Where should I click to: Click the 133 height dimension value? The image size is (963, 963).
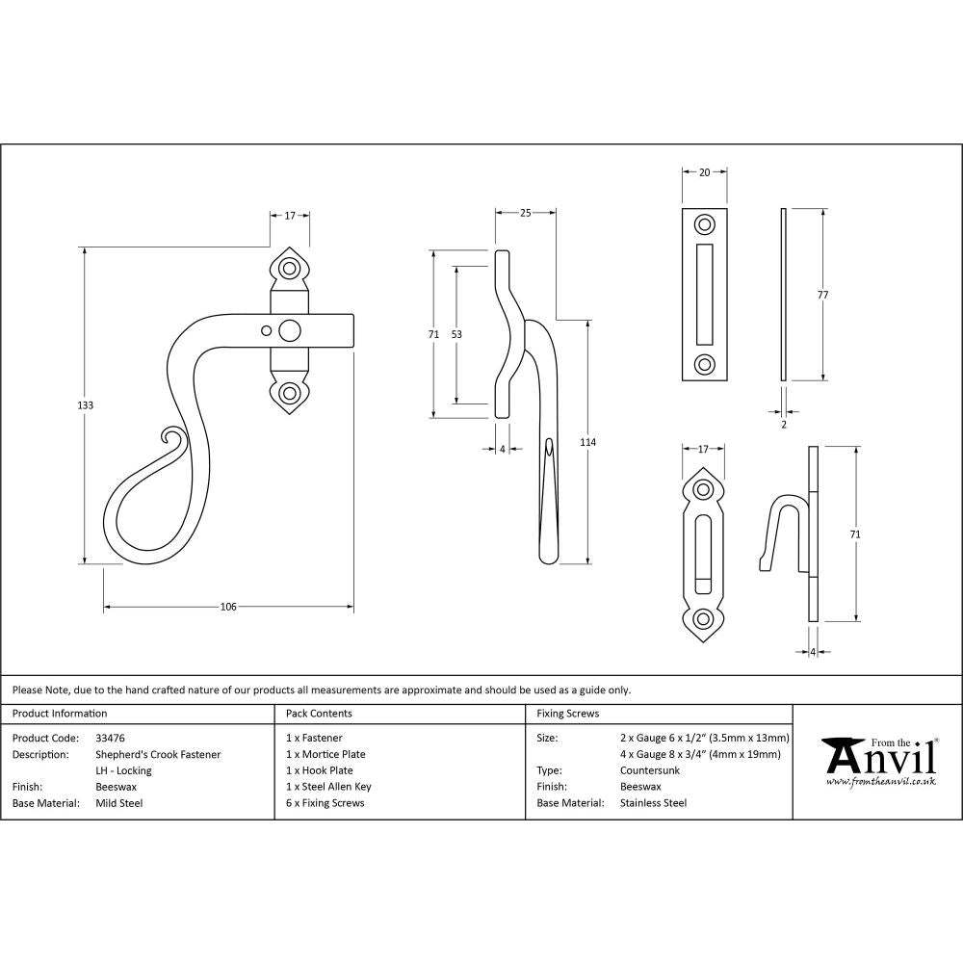85,405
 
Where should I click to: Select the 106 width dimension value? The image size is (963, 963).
228,607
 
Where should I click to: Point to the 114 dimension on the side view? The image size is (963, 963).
587,442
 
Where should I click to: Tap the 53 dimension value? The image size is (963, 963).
456,334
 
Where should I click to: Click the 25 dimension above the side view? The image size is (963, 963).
525,213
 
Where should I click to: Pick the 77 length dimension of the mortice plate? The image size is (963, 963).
822,295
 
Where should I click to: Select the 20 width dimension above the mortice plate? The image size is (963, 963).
704,172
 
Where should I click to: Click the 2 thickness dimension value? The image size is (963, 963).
783,424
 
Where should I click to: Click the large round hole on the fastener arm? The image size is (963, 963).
288,331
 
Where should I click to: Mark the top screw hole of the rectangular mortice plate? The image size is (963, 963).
705,225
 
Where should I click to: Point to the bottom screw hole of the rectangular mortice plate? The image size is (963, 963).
705,364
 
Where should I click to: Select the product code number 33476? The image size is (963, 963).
111,739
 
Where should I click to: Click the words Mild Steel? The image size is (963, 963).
119,802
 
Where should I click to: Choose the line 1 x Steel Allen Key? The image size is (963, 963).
328,787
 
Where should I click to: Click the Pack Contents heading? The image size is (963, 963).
319,714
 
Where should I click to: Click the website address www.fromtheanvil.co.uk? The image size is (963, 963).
880,781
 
